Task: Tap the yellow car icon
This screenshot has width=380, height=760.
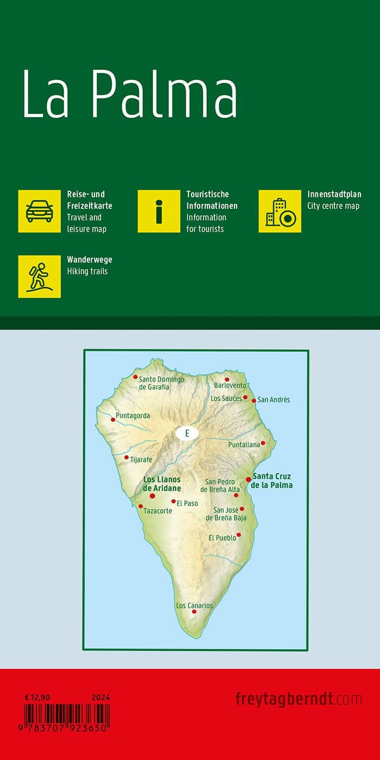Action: pos(40,211)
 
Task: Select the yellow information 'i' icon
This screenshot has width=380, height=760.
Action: pos(159,211)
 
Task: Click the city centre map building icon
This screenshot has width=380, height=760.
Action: pos(280,211)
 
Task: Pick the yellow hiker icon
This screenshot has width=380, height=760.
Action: pos(40,276)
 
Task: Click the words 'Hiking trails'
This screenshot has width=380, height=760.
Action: pos(87,271)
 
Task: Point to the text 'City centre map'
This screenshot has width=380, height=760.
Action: pos(333,206)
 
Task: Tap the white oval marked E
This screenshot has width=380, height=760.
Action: pos(187,433)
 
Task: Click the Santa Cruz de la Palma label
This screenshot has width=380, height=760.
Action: pos(271,481)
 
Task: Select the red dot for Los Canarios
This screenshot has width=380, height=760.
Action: pos(194,612)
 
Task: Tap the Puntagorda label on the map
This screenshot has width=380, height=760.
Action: pos(132,416)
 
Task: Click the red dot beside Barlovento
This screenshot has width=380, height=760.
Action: pos(227,379)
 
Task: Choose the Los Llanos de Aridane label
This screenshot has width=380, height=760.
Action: pos(162,484)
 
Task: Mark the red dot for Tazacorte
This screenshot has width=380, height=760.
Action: pos(141,506)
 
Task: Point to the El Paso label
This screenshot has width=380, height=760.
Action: pos(187,503)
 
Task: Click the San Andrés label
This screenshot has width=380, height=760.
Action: pos(274,400)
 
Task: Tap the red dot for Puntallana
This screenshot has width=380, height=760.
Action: pos(263,443)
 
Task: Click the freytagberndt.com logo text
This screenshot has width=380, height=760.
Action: pos(299,699)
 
